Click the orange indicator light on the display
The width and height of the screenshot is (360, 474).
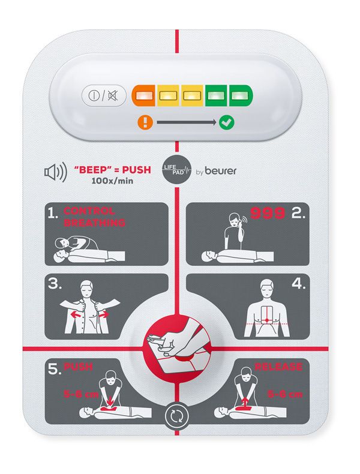click(143, 95)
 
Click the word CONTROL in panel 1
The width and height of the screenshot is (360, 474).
click(89, 211)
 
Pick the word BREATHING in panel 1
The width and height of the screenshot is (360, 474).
click(95, 223)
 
